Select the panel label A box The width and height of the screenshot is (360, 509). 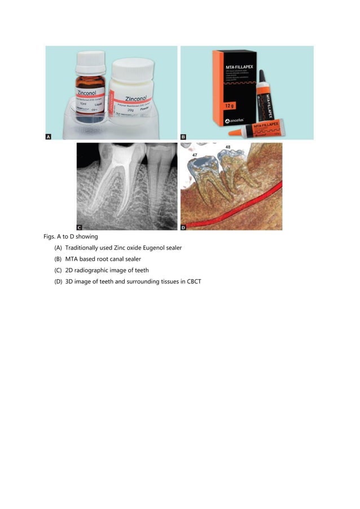49,136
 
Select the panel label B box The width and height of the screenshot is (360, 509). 184,136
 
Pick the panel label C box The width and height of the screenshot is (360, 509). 80,226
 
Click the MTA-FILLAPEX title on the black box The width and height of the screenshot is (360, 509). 231,59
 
